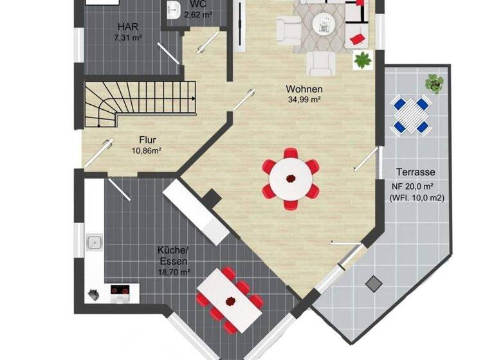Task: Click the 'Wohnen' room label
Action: [304, 89]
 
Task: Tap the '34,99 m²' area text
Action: [304, 100]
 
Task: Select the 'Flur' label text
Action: [147, 139]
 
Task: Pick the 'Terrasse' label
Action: [416, 172]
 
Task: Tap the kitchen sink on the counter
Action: [94, 242]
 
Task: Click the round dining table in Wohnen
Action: [290, 179]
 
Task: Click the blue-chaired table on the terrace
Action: [411, 114]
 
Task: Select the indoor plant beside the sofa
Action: [363, 60]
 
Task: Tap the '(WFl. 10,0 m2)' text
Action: [416, 198]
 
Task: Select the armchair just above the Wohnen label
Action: [320, 62]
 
